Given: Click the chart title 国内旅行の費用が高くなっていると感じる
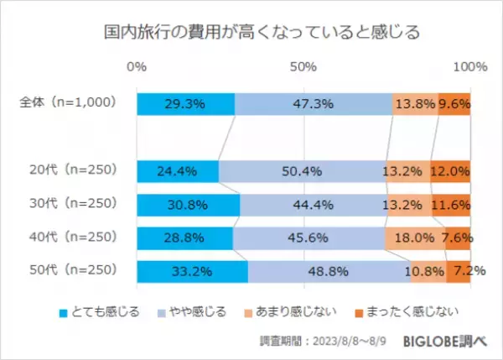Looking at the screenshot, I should pos(251,34).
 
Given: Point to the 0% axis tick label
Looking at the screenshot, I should pos(137,66).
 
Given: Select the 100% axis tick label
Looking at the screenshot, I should pos(469,66).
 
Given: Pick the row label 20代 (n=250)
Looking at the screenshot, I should pos(71,171).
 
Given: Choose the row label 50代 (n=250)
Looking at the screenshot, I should pos(71,271).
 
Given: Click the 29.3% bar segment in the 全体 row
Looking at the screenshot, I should pos(185,104).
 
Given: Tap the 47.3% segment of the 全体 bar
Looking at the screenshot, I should pos(313,104).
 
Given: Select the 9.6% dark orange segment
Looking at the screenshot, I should pos(454,104).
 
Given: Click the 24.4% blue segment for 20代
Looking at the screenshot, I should pos(177,171).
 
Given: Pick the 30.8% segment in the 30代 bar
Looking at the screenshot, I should pos(188,205).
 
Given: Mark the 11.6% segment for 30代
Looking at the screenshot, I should pos(451,205).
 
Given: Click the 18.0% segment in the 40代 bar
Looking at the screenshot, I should pos(415,238).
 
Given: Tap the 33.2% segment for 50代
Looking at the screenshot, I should pos(191,272).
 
